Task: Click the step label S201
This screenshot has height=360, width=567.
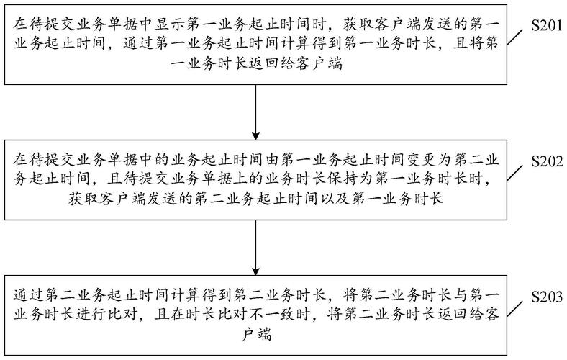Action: click(546, 26)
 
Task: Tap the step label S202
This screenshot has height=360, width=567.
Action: click(546, 161)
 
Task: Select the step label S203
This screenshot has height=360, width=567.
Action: click(546, 297)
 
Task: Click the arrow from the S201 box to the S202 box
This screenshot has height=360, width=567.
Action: click(255, 112)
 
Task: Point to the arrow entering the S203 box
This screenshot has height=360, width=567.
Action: click(255, 248)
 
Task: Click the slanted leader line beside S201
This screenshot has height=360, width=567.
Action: click(514, 37)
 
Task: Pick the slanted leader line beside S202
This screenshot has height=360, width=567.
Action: click(514, 173)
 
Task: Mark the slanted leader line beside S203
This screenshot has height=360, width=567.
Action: click(514, 309)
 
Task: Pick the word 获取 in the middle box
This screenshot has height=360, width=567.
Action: click(83, 198)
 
